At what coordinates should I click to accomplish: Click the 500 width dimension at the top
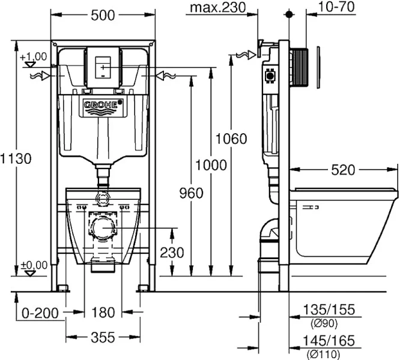coord(103,16)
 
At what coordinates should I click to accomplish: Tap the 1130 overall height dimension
coord(16,158)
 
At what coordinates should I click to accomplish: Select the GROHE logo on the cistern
coord(102,105)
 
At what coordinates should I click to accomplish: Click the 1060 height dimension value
coord(231,139)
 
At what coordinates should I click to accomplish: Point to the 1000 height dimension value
coord(211,165)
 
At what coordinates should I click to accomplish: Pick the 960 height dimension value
coord(191,193)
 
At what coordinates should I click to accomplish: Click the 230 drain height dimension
coord(172,253)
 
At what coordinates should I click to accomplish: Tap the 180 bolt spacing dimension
coord(103,313)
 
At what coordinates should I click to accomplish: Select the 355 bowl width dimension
coord(103,338)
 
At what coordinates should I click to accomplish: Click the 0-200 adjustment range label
coord(40,313)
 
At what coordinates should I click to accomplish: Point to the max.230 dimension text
coord(218,8)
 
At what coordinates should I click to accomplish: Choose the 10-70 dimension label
coord(336,7)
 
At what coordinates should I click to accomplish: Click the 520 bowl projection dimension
coord(343,170)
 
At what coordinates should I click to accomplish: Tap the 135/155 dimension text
coord(329,310)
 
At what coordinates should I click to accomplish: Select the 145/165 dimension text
coord(329,341)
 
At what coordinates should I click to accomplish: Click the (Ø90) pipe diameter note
coord(324,323)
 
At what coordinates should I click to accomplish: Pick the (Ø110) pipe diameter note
coord(324,354)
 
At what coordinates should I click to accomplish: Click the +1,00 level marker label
coord(34,56)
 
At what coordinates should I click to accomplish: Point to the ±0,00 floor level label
coord(34,265)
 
